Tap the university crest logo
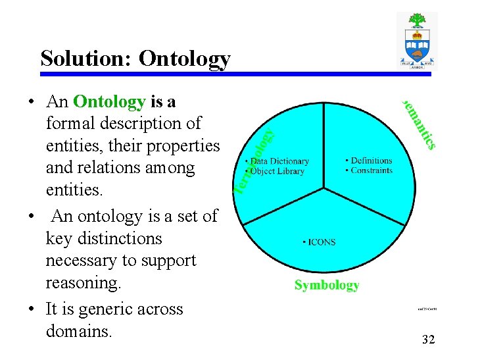[x=417, y=41]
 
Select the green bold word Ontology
[x=109, y=101]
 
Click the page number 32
[x=428, y=340]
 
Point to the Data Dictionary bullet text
[x=278, y=161]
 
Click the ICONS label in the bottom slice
[x=320, y=242]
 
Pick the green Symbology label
[x=327, y=285]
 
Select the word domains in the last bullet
[x=79, y=331]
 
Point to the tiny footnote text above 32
[x=427, y=308]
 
